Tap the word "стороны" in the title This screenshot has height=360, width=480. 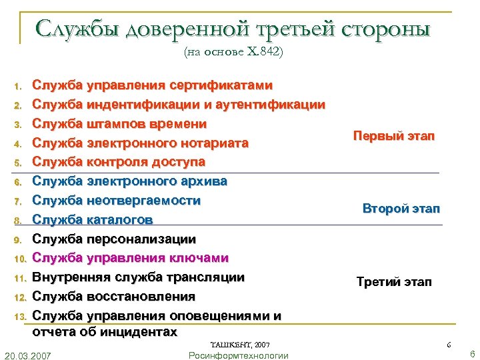tap(388, 29)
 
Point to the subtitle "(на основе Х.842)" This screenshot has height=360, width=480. tap(233, 53)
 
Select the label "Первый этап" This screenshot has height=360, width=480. tap(393, 136)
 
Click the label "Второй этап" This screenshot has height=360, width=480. tap(401, 209)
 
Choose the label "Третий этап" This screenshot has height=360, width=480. tap(394, 282)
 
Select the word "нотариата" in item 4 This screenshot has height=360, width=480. tap(217, 143)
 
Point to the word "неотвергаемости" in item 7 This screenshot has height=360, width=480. tap(143, 201)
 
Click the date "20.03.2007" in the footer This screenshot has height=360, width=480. tap(30, 354)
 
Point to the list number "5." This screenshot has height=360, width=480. tap(19, 163)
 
